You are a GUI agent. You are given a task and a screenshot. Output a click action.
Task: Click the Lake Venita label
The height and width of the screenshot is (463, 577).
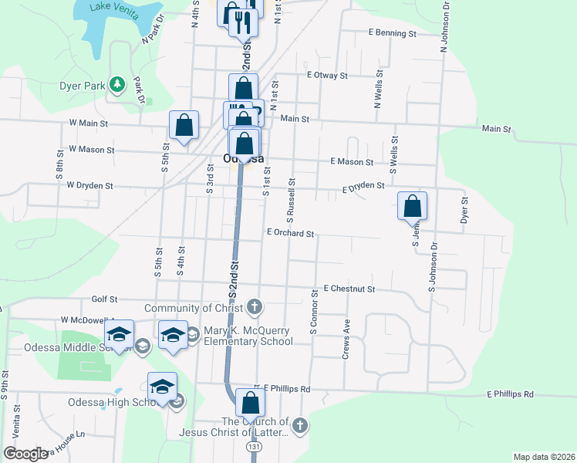pos(111,6)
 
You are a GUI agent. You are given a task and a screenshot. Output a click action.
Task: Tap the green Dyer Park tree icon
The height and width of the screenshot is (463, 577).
pos(116,83)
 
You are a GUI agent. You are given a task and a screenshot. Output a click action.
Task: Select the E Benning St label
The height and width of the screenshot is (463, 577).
pos(393,33)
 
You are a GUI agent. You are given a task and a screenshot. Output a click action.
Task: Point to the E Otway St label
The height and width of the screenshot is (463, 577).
pos(328,76)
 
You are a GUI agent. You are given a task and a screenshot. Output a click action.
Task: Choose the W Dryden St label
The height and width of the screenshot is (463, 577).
pos(89,186)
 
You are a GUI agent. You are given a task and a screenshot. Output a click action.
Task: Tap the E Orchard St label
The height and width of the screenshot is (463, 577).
pos(290,233)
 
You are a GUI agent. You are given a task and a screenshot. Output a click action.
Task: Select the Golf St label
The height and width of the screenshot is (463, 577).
pos(104,299)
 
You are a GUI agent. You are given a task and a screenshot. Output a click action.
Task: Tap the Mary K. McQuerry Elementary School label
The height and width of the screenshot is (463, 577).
pos(248,336)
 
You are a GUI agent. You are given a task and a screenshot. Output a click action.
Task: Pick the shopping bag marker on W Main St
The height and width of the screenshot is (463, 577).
pos(184,125)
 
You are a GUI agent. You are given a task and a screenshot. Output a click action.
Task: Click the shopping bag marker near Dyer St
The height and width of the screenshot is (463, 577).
pos(413,206)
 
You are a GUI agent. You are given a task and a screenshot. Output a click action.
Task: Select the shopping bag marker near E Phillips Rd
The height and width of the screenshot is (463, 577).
pos(250,404)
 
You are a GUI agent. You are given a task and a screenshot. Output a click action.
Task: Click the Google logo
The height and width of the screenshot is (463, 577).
pos(26,454)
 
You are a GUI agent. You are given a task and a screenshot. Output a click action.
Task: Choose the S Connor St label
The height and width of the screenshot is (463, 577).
pos(314,313)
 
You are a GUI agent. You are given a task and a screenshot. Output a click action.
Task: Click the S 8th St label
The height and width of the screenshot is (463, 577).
pos(59,164)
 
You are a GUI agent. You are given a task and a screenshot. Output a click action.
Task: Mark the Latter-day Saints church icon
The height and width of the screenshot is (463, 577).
pos(300,424)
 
